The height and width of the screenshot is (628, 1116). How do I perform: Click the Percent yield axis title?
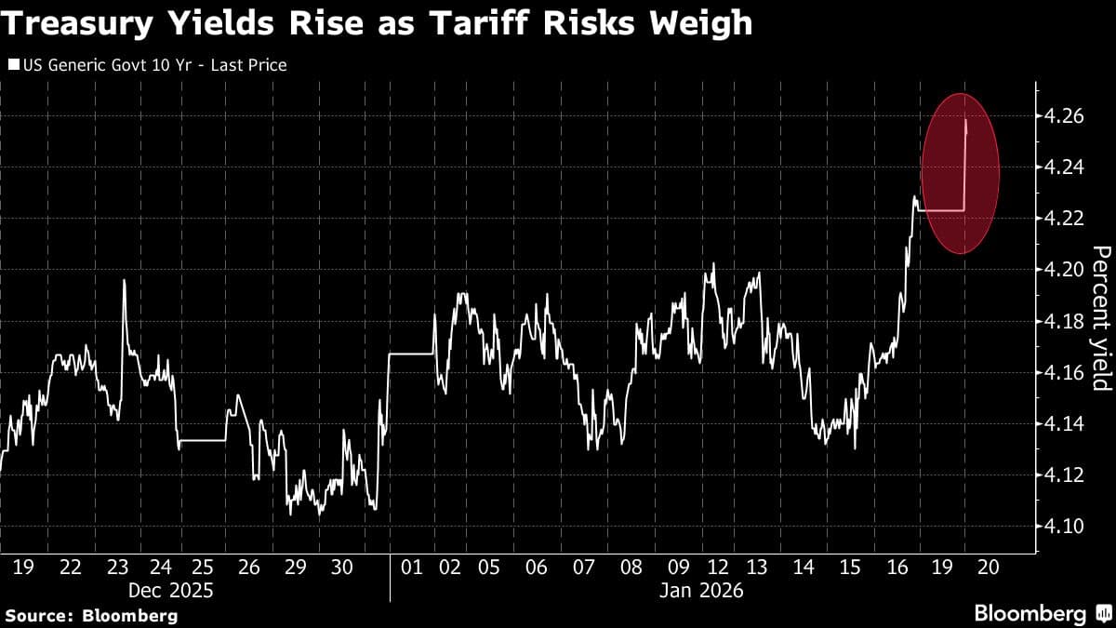tap(1101, 318)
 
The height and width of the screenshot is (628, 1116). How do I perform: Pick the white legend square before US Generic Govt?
tap(13, 65)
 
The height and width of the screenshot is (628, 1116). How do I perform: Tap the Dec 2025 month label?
tap(171, 590)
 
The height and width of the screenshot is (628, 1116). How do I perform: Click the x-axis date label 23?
tap(119, 566)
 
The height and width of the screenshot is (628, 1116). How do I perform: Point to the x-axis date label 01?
tap(411, 566)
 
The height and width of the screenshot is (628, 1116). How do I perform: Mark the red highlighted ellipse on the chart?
tap(960, 173)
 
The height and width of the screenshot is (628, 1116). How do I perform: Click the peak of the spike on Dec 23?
tap(124, 280)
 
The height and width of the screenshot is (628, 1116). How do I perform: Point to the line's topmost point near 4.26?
tap(966, 121)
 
